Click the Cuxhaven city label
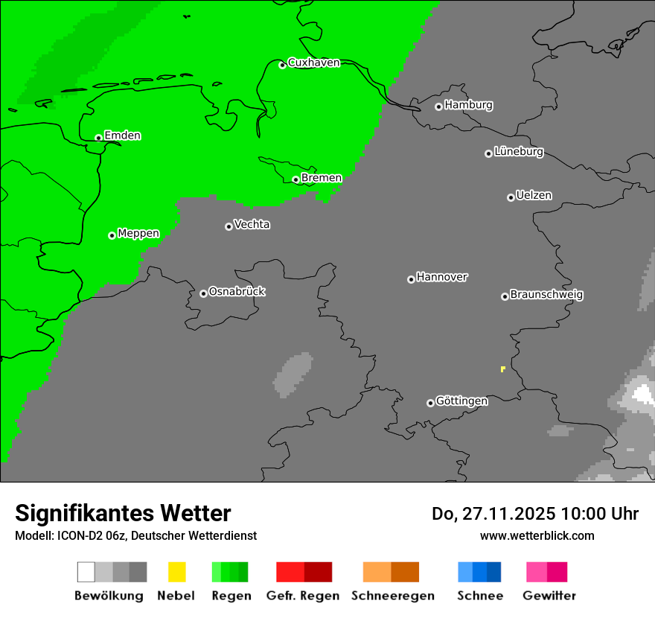[313, 63]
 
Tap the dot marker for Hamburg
[438, 106]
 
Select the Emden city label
[122, 136]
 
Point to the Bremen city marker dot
[295, 179]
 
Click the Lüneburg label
[519, 152]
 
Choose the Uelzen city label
[534, 196]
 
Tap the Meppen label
[138, 234]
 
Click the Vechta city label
[252, 225]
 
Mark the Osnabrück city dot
[203, 293]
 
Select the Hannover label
[442, 277]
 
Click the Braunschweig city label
[546, 295]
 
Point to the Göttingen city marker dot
[430, 403]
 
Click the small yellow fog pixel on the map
[503, 369]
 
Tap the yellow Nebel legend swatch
[176, 572]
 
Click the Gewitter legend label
[549, 596]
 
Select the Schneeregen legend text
[393, 596]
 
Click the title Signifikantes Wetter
[123, 513]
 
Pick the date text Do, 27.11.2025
[491, 514]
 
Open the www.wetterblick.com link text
[537, 535]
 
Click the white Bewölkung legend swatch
[86, 572]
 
